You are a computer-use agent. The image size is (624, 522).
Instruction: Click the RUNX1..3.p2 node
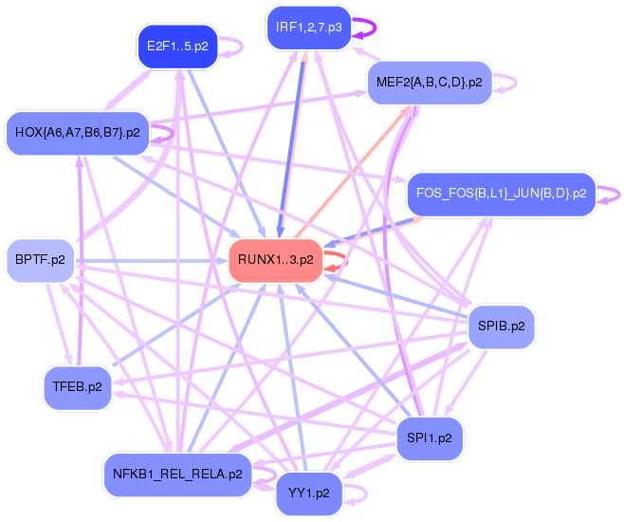tap(275, 260)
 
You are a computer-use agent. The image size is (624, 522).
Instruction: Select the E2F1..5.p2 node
tap(177, 46)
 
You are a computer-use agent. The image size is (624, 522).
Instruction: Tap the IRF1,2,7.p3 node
tap(308, 28)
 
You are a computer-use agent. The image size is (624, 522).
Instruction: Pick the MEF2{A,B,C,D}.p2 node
tap(429, 82)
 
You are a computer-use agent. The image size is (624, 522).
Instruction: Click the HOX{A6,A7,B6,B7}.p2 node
tap(77, 133)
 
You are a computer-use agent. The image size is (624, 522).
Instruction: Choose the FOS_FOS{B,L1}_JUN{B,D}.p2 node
tap(500, 194)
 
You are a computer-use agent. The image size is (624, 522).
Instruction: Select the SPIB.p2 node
tap(502, 326)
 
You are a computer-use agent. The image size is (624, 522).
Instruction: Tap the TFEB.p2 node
tap(78, 387)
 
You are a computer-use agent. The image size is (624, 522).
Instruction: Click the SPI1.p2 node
tap(429, 438)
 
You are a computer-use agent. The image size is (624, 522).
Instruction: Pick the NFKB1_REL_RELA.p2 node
tap(175, 475)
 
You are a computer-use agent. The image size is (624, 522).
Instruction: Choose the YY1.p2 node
tap(308, 494)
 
